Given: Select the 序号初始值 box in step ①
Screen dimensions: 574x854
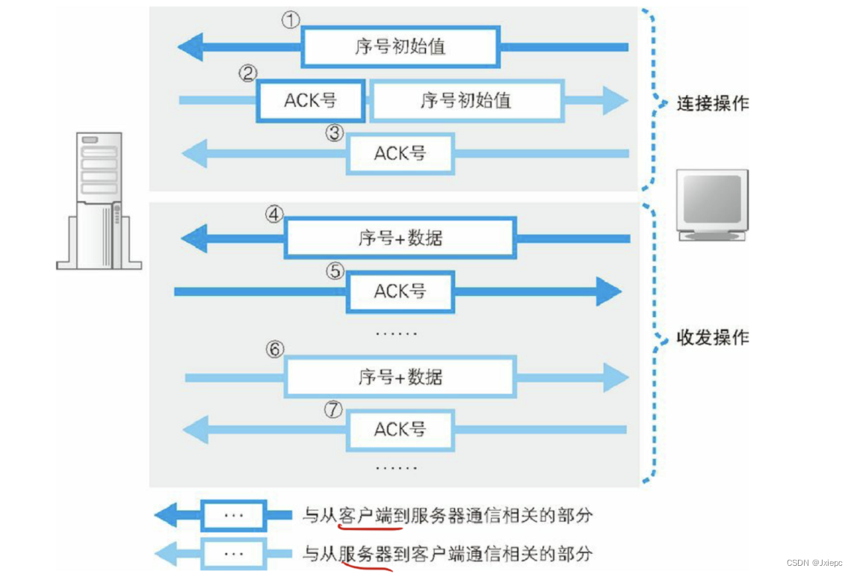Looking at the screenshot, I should coord(400,47).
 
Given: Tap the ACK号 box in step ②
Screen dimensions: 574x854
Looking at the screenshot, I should coord(311,100).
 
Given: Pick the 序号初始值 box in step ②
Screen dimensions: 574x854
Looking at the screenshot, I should coord(466,100).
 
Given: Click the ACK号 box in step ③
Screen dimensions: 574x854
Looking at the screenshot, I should coord(400,153).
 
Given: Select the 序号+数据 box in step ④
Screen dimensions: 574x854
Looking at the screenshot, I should coord(400,238).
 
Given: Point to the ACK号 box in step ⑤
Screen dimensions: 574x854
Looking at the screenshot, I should coord(400,291).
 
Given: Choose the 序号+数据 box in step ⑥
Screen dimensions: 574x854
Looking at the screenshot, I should coord(400,377).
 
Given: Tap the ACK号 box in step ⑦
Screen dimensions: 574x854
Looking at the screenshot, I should coord(400,430).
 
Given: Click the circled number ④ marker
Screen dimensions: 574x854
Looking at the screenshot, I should coord(274,215).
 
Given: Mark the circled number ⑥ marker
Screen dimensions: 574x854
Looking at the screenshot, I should coord(274,349).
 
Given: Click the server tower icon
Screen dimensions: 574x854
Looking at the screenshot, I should coord(99,200).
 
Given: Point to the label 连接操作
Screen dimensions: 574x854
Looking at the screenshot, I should coord(712,103).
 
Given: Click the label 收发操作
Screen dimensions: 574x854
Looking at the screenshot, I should coord(712,338).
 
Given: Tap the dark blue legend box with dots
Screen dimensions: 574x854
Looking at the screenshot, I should coord(233,515).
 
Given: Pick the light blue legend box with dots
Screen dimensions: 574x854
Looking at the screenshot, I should coord(233,554).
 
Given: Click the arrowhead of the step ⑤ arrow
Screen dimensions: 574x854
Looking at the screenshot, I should coord(608,291).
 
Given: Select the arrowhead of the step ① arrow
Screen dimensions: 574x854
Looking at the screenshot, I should coord(191,48).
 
